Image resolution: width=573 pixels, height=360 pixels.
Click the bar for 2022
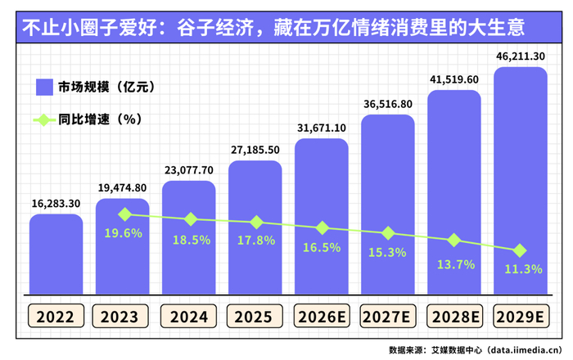pos(56,254)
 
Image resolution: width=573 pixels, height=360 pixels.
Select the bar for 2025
pos(255,227)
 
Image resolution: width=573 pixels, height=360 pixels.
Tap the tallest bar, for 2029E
pos(521,181)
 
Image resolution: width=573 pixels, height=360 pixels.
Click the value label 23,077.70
pos(189,170)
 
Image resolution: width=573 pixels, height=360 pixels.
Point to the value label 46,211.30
pos(521,56)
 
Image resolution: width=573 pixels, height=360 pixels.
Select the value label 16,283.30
pos(56,204)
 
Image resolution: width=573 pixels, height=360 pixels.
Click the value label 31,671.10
pos(322,128)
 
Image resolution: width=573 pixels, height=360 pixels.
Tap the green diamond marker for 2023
pos(125,214)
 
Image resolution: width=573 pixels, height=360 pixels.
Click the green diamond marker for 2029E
pos(520,250)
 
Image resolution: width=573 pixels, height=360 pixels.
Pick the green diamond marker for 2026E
pos(323,227)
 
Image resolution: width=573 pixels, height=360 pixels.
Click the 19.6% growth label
pos(123,233)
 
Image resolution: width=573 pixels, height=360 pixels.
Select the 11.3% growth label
pos(523,269)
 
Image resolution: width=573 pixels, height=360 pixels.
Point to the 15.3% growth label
pos(387,252)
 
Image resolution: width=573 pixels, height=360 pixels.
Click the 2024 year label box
pos(188,316)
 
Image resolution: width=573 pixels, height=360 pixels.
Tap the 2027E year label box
pos(388,316)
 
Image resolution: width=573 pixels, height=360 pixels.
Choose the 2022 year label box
pos(56,316)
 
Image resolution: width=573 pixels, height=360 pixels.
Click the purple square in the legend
pos(44,88)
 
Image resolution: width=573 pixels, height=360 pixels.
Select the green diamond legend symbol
pos(44,119)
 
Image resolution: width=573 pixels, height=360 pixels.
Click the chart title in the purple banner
pos(273,28)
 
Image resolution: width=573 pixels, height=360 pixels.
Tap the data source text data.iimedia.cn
pos(526,350)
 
